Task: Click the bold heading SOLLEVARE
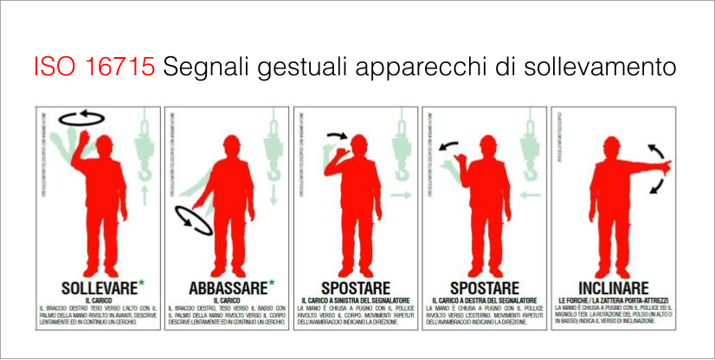[95, 286]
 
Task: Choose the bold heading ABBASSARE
[227, 286]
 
